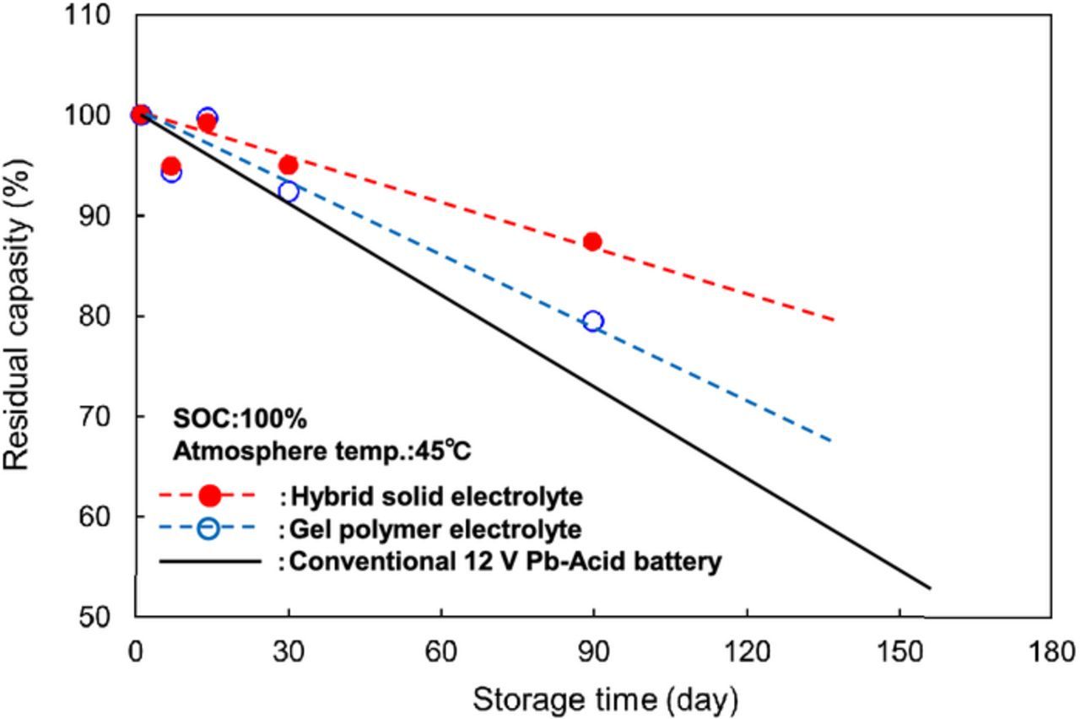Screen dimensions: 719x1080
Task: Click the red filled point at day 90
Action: pyautogui.click(x=592, y=242)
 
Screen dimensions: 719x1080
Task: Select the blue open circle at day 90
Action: pyautogui.click(x=593, y=322)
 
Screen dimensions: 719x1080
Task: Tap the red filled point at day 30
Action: pyautogui.click(x=289, y=165)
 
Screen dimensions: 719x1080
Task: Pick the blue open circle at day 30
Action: pyautogui.click(x=289, y=192)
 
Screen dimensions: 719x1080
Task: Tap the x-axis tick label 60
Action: pyautogui.click(x=440, y=652)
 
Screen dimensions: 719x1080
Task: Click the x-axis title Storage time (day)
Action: pyautogui.click(x=605, y=700)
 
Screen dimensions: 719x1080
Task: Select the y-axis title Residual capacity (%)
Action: pyautogui.click(x=19, y=316)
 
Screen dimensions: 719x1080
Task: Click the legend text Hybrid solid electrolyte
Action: pyautogui.click(x=435, y=496)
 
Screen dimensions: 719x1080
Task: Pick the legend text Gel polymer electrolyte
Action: pyautogui.click(x=435, y=530)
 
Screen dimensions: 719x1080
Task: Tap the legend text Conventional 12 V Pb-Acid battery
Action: pyautogui.click(x=505, y=562)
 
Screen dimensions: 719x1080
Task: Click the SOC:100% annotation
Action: pyautogui.click(x=240, y=419)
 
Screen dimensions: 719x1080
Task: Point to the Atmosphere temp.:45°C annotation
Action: pyautogui.click(x=322, y=451)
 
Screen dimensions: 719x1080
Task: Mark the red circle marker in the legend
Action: pyautogui.click(x=210, y=495)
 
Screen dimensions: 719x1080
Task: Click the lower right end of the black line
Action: pyautogui.click(x=930, y=588)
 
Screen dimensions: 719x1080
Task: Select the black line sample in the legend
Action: pyautogui.click(x=210, y=560)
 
